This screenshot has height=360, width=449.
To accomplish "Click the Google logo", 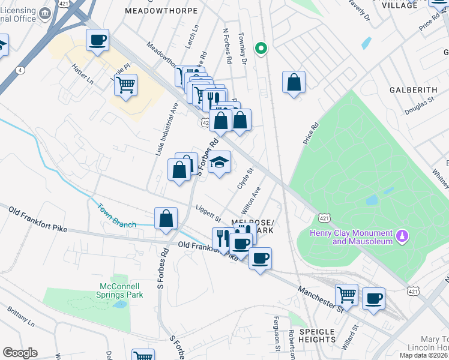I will pyautogui.click(x=20, y=353).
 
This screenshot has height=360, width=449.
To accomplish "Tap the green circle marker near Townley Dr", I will pyautogui.click(x=261, y=49).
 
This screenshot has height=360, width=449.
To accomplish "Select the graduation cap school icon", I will pyautogui.click(x=220, y=162).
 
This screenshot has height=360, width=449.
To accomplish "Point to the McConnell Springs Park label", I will pyautogui.click(x=119, y=290).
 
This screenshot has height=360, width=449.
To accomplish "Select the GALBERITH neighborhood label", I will pyautogui.click(x=413, y=90).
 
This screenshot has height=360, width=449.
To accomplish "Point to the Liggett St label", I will pyautogui.click(x=209, y=213).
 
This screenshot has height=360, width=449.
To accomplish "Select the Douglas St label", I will pyautogui.click(x=418, y=108).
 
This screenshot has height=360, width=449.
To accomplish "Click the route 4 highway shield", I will pyautogui.click(x=20, y=70).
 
